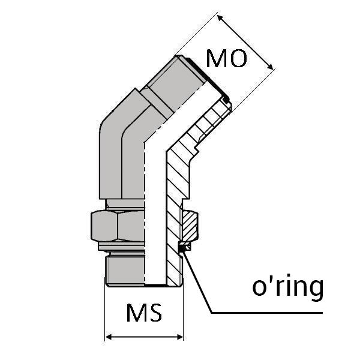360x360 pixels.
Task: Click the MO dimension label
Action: tap(226, 59)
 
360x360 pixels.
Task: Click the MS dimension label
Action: tap(144, 313)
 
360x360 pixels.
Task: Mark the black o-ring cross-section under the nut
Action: tap(184, 246)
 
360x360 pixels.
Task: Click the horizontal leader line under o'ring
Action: tap(270, 313)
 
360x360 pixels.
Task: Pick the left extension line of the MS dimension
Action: tap(106, 312)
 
